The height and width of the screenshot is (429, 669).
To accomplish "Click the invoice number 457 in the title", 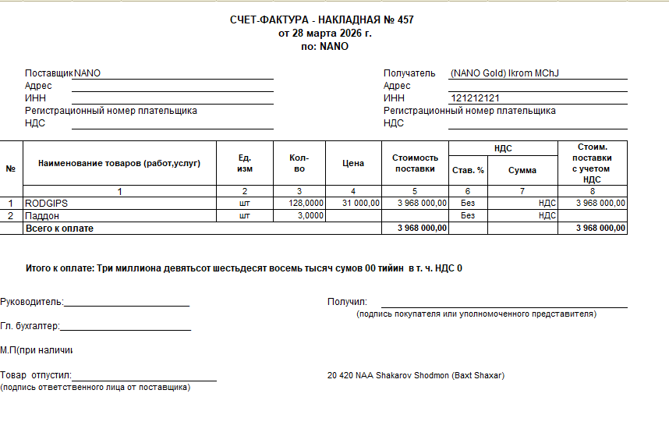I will (x=405, y=20).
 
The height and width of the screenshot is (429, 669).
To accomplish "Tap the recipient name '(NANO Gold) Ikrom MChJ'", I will (x=504, y=73).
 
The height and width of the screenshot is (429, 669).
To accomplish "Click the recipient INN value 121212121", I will (x=475, y=98).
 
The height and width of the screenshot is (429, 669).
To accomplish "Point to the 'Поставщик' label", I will (x=48, y=73).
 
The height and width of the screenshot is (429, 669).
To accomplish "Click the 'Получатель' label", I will (x=409, y=73).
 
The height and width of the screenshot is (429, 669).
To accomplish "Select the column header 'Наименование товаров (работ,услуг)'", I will (x=119, y=163).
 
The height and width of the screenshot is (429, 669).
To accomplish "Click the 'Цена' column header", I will (x=353, y=163).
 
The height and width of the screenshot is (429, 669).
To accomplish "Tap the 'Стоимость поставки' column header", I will (x=415, y=163).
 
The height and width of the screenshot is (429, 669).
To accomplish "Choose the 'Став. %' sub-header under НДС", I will (x=468, y=170).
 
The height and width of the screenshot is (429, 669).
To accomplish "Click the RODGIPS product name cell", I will (x=47, y=203).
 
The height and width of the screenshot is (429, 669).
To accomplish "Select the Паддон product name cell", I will (x=42, y=215).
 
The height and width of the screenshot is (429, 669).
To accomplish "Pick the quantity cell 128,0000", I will (x=306, y=203).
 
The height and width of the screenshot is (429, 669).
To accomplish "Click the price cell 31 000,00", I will (x=361, y=203).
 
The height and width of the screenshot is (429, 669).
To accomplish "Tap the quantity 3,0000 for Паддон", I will (x=311, y=215).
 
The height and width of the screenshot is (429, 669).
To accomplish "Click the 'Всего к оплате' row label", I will (x=60, y=229).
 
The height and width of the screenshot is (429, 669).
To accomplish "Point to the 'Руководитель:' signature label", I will (x=33, y=302).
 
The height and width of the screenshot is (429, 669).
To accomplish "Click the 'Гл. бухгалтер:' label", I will (x=30, y=326).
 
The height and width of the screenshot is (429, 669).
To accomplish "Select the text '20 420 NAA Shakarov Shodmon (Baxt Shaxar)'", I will (x=416, y=376).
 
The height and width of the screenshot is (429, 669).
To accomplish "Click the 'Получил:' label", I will (x=347, y=302).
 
